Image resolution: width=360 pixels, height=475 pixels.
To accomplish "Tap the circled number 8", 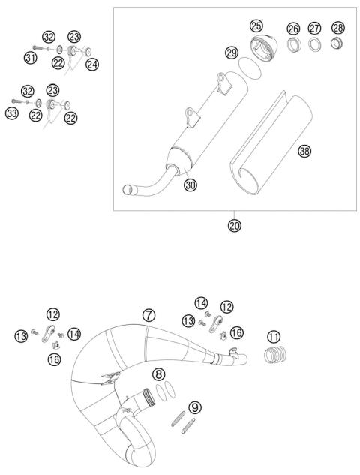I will pyautogui.click(x=159, y=374).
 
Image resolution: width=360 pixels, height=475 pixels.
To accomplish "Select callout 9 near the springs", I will pyautogui.click(x=195, y=407).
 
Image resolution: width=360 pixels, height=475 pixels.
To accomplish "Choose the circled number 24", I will pyautogui.click(x=92, y=65).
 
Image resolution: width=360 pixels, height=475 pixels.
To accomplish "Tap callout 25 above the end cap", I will pyautogui.click(x=257, y=26).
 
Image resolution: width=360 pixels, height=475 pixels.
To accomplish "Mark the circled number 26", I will pyautogui.click(x=293, y=29).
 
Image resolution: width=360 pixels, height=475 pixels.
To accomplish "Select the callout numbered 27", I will pyautogui.click(x=315, y=29).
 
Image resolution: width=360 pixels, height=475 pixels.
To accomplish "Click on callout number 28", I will pyautogui.click(x=339, y=29).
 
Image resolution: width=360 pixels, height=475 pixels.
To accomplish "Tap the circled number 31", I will pyautogui.click(x=31, y=57).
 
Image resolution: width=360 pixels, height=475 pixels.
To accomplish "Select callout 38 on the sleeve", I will pyautogui.click(x=304, y=152).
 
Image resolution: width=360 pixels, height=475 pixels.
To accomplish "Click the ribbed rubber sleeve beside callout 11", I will pyautogui.click(x=277, y=356).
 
